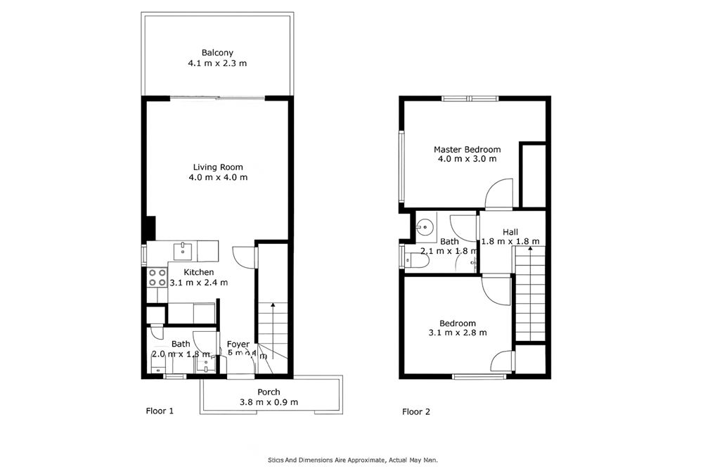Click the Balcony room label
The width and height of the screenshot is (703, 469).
click(217, 53)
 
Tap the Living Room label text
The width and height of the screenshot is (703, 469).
click(218, 167)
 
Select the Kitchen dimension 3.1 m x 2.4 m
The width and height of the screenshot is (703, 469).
click(199, 283)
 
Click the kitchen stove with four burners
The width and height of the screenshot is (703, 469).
click(157, 277)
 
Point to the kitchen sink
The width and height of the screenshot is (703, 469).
click(185, 250)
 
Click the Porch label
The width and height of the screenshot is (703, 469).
click(269, 392)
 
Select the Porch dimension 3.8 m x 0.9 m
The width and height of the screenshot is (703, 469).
click(269, 402)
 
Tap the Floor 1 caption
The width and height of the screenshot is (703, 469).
click(159, 411)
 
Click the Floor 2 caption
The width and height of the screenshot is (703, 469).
click(415, 411)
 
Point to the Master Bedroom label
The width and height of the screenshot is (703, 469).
click(467, 149)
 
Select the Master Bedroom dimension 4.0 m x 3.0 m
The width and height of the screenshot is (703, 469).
click(467, 159)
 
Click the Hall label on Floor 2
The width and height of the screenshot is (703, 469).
click(510, 232)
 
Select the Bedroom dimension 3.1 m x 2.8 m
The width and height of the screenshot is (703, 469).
click(458, 333)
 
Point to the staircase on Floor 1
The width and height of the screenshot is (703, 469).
click(271, 330)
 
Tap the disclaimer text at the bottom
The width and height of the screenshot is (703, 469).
click(353, 459)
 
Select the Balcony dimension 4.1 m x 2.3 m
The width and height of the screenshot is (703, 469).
click(217, 63)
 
